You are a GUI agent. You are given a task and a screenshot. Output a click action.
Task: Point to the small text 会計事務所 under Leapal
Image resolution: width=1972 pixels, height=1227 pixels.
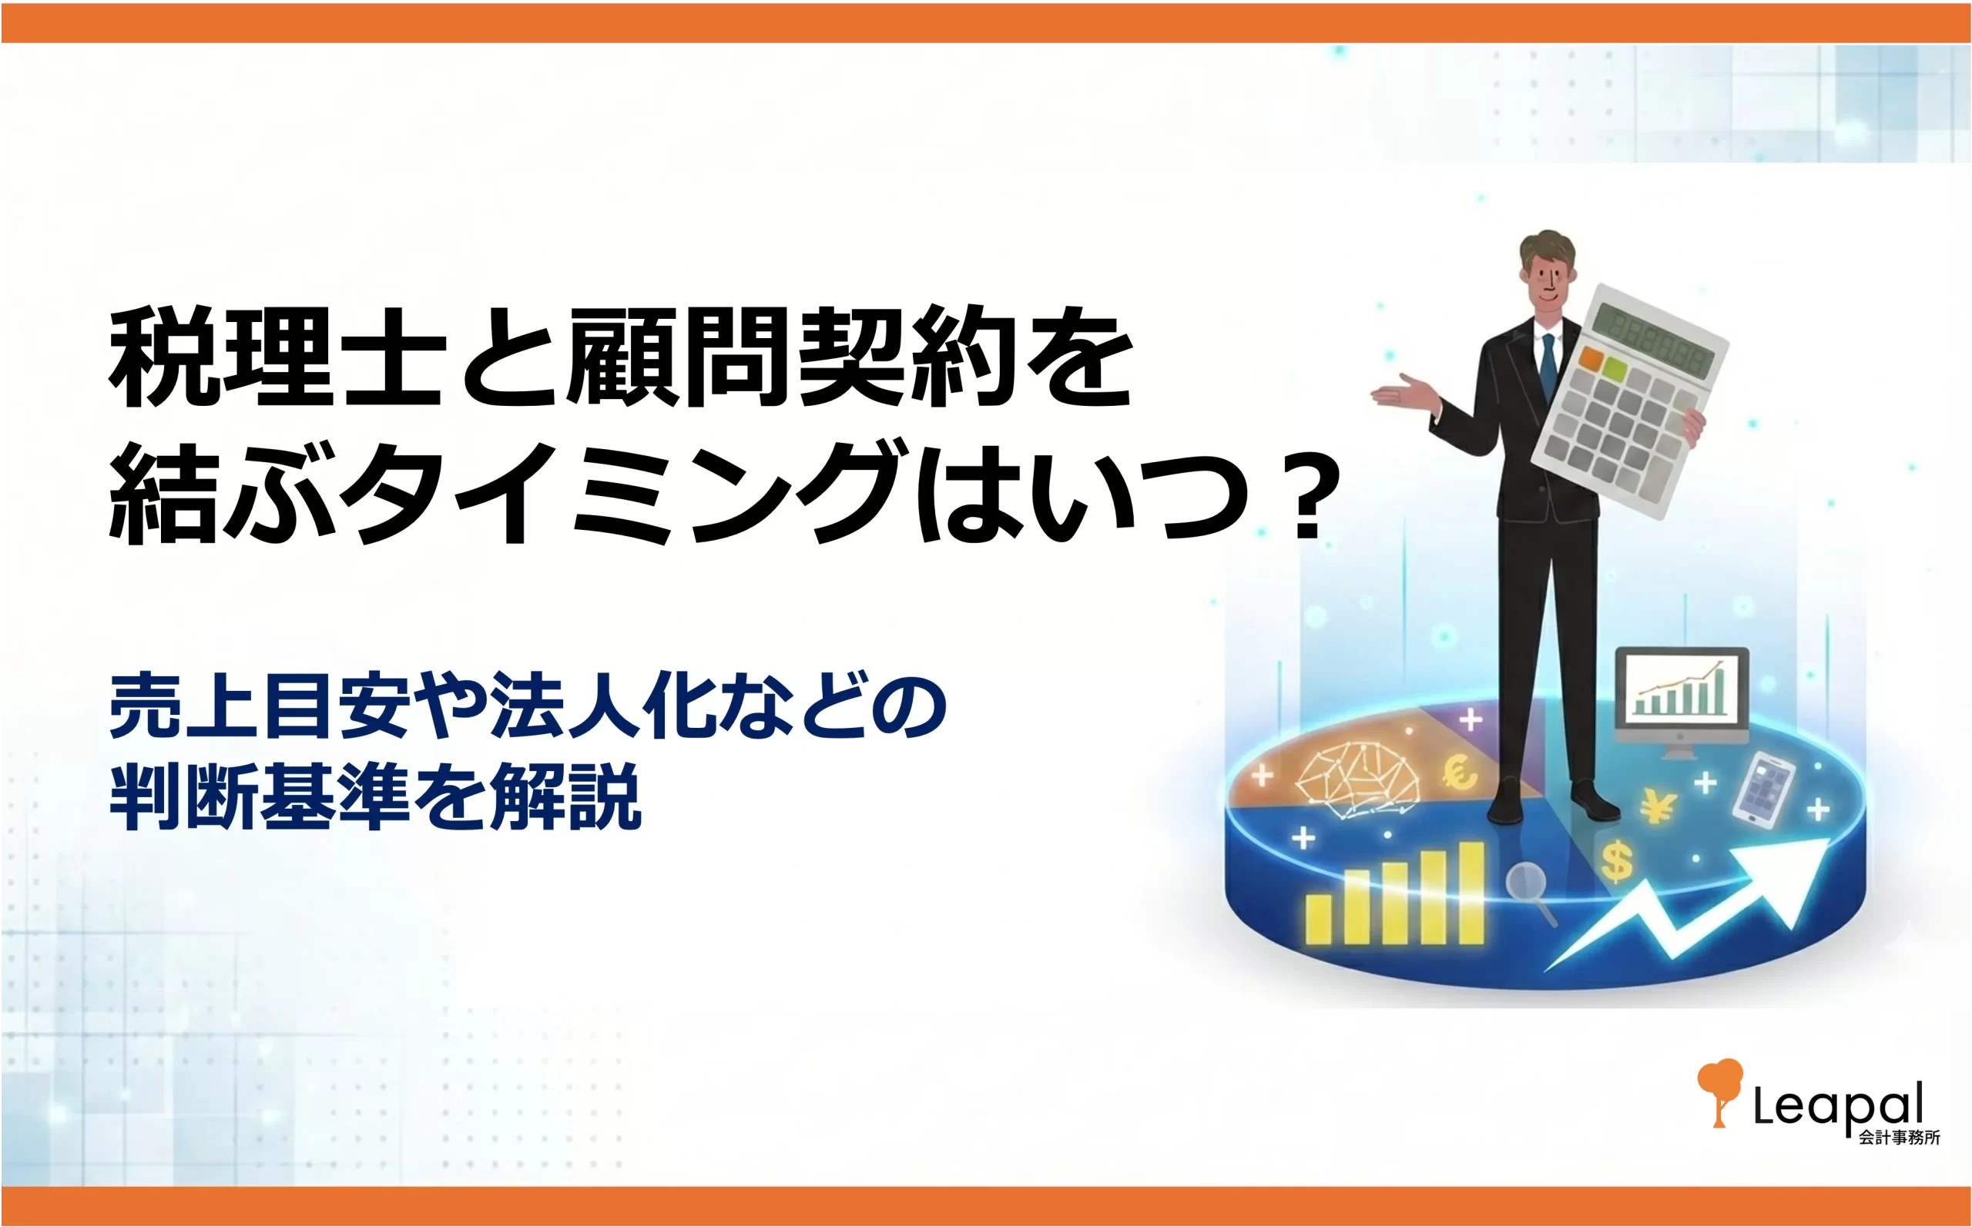pyautogui.click(x=1900, y=1138)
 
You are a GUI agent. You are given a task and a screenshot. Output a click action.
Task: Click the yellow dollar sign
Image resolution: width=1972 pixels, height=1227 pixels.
pyautogui.click(x=1618, y=862)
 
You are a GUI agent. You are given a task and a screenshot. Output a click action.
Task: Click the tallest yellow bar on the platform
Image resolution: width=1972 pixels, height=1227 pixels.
pyautogui.click(x=1471, y=893)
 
